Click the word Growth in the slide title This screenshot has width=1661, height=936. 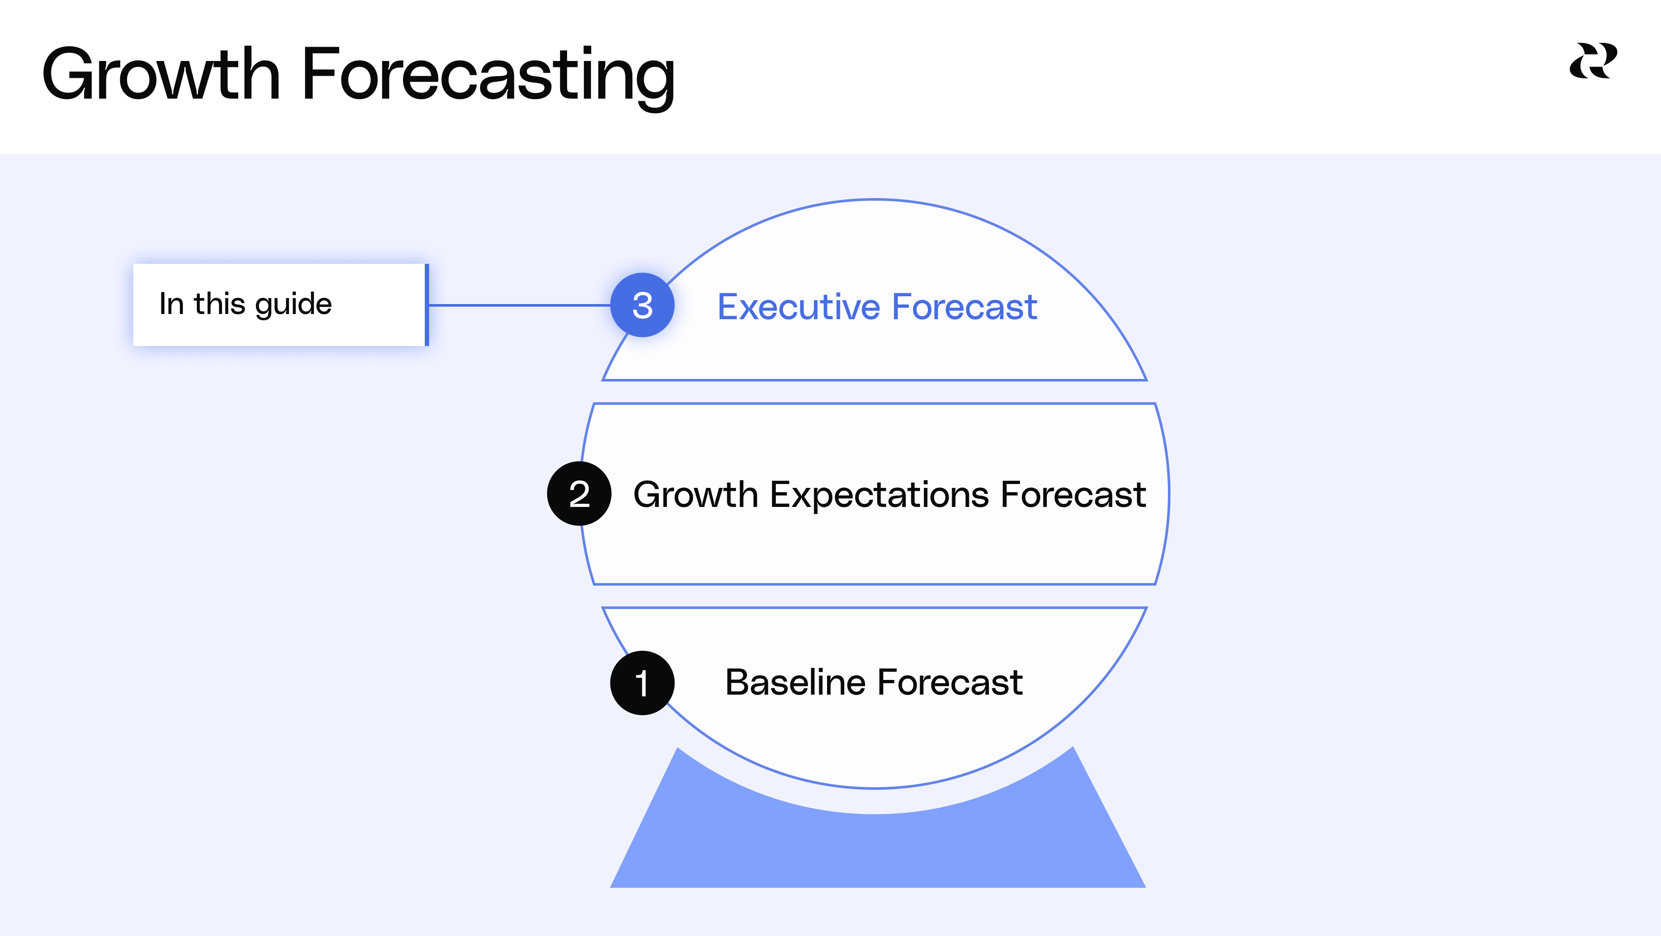click(161, 75)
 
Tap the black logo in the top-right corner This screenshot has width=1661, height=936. click(1593, 61)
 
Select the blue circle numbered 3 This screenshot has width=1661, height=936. click(642, 305)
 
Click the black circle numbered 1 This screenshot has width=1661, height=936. click(642, 683)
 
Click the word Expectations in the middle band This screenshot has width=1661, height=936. click(879, 495)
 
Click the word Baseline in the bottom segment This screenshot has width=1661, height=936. click(795, 683)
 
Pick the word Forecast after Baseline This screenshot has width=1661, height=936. click(950, 683)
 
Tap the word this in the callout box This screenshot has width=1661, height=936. click(219, 304)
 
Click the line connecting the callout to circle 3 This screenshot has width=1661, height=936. click(519, 305)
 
